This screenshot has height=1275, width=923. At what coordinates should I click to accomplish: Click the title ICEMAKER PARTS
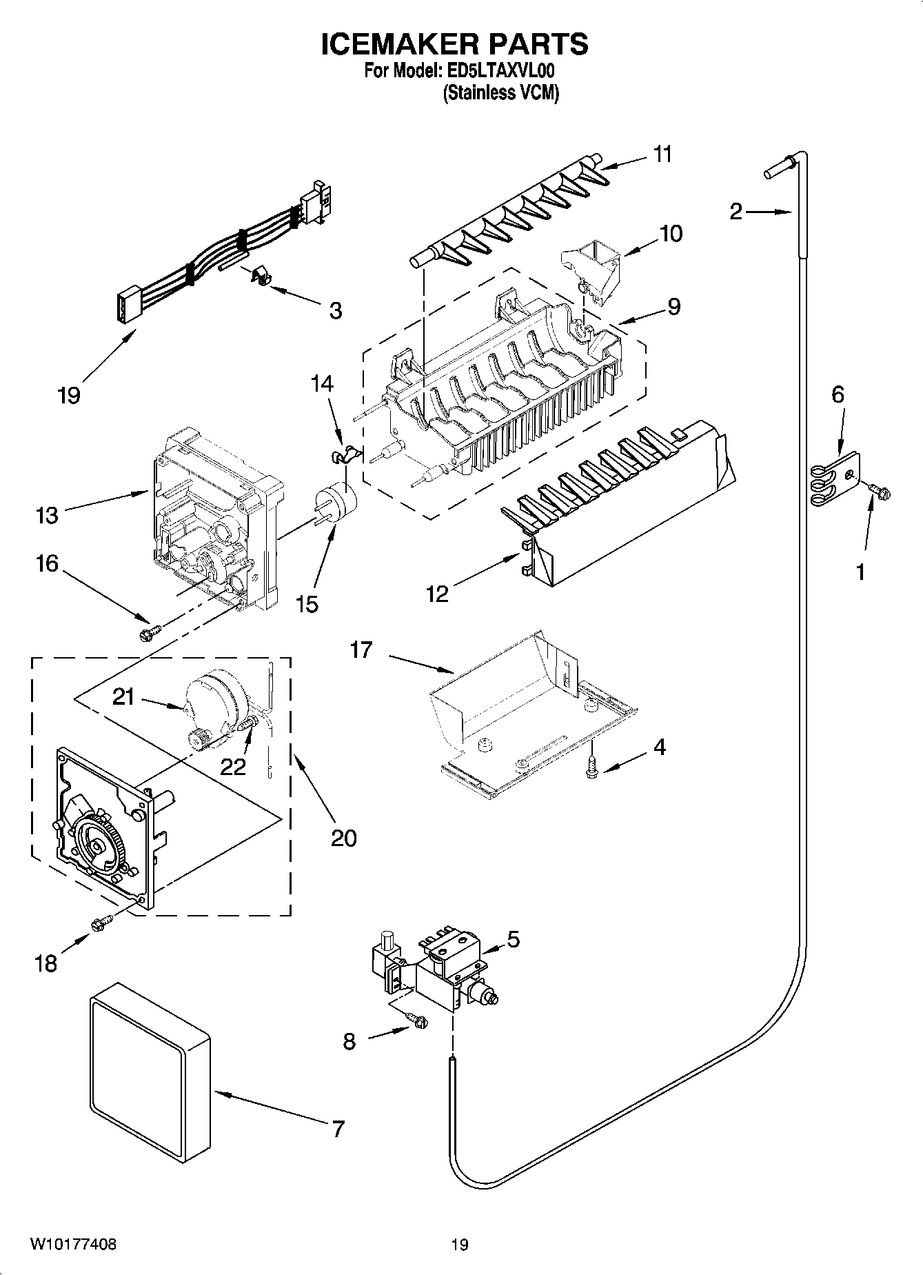(455, 44)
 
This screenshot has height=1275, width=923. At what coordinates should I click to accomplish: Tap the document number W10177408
(73, 1245)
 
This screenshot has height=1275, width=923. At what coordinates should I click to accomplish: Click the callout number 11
(662, 154)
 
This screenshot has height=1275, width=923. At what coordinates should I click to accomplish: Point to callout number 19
(70, 395)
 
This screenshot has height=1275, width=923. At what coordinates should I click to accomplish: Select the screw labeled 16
(150, 631)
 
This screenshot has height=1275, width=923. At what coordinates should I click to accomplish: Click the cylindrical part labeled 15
(335, 501)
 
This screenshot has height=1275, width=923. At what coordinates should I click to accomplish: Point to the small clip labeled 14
(339, 454)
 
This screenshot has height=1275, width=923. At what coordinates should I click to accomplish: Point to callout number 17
(361, 650)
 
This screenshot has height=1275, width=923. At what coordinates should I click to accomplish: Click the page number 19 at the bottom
(460, 1245)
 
